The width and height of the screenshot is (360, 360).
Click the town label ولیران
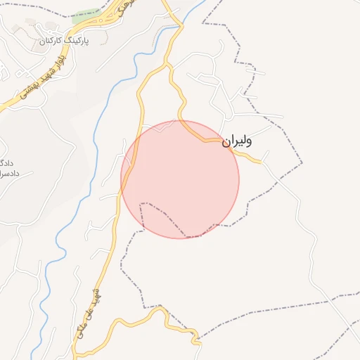[237, 141]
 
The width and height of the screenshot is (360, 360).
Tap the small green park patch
[86, 14]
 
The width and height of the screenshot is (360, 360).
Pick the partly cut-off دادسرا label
[8, 173]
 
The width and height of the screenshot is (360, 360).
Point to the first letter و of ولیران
[248, 141]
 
